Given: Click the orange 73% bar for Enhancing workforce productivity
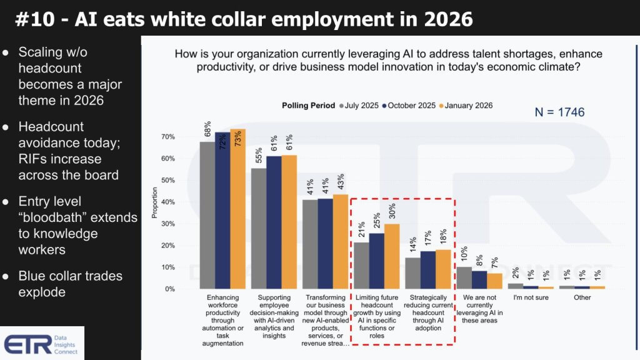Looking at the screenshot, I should (x=237, y=209).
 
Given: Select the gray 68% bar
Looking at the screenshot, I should (x=207, y=215).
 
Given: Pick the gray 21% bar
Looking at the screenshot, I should (x=361, y=266).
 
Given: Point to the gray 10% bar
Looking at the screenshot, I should (x=463, y=277).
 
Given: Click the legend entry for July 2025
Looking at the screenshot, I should (x=358, y=105).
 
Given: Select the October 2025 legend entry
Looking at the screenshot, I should (x=410, y=105).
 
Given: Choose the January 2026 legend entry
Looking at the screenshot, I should (x=466, y=105).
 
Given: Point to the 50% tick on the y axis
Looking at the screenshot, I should (x=168, y=181).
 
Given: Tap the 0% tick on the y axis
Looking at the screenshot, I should (x=169, y=289).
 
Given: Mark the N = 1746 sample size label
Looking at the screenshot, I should (x=559, y=112).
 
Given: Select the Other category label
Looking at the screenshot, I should (x=582, y=297).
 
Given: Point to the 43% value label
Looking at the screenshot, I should (x=341, y=183).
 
